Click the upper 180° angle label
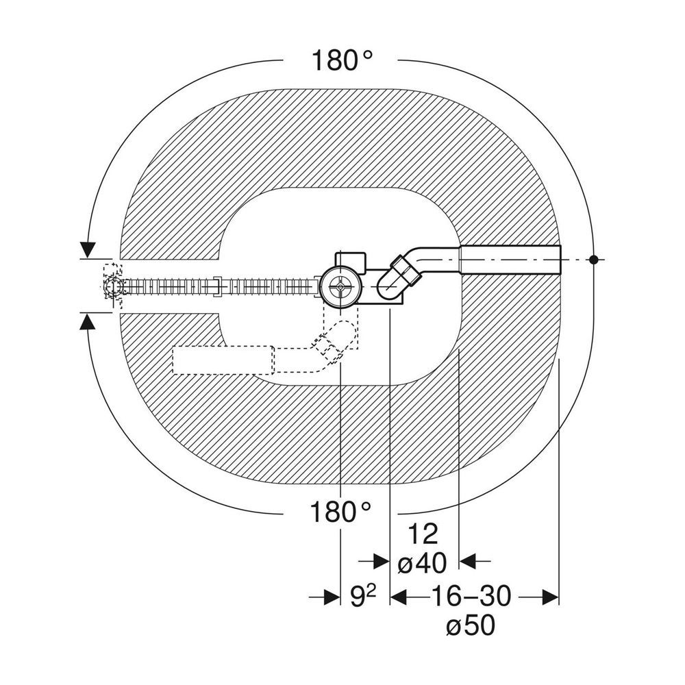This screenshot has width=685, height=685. click(x=342, y=60)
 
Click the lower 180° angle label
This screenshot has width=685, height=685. click(x=340, y=512)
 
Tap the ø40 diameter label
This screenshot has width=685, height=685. click(x=423, y=563)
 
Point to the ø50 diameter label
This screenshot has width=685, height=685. click(x=471, y=625)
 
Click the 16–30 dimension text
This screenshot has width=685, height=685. click(x=471, y=596)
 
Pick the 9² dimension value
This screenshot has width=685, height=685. click(x=362, y=596)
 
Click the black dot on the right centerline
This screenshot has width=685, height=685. click(x=593, y=260)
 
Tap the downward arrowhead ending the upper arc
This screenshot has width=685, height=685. click(x=88, y=249)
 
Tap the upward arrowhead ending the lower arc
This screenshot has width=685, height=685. click(x=88, y=323)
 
